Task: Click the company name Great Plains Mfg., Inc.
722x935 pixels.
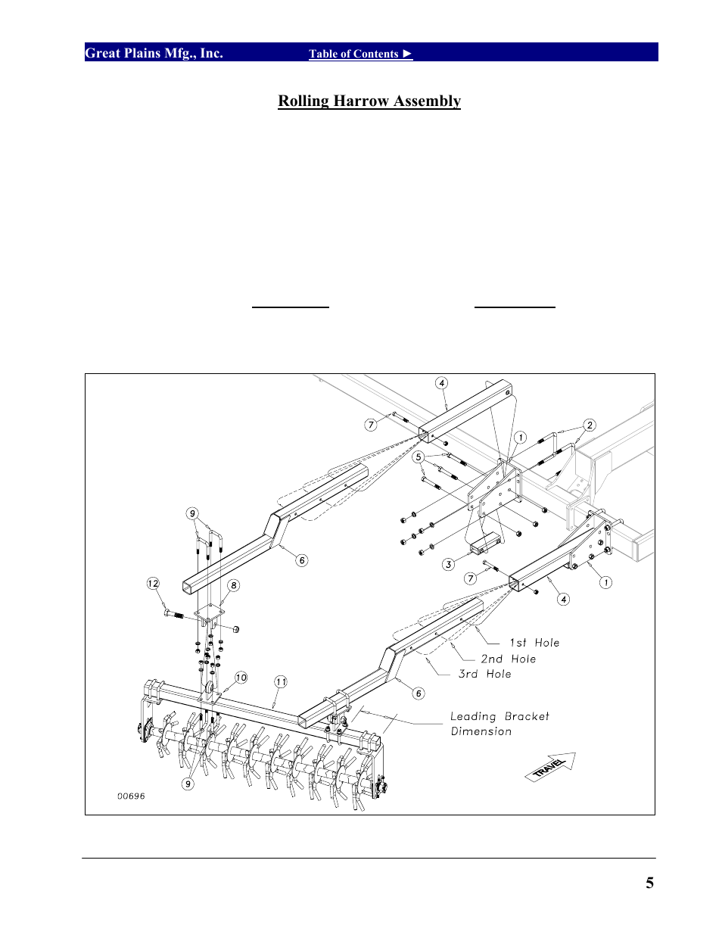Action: click(154, 53)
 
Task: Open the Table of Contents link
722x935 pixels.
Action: click(360, 54)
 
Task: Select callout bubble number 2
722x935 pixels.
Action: click(590, 425)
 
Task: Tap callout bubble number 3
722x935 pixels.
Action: click(449, 564)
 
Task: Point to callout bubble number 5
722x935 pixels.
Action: click(419, 457)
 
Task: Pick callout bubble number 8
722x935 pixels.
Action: click(234, 585)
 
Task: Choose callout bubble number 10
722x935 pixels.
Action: click(241, 678)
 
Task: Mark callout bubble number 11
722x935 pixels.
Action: click(281, 682)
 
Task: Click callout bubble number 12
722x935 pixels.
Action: click(153, 583)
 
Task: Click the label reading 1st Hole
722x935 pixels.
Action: click(534, 643)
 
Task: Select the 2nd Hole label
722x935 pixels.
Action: click(508, 659)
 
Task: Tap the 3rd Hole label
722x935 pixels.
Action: click(484, 674)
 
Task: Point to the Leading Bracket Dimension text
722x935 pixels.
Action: click(499, 724)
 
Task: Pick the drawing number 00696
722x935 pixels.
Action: click(131, 796)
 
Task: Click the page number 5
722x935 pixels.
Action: click(649, 883)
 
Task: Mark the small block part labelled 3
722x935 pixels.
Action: click(485, 543)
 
